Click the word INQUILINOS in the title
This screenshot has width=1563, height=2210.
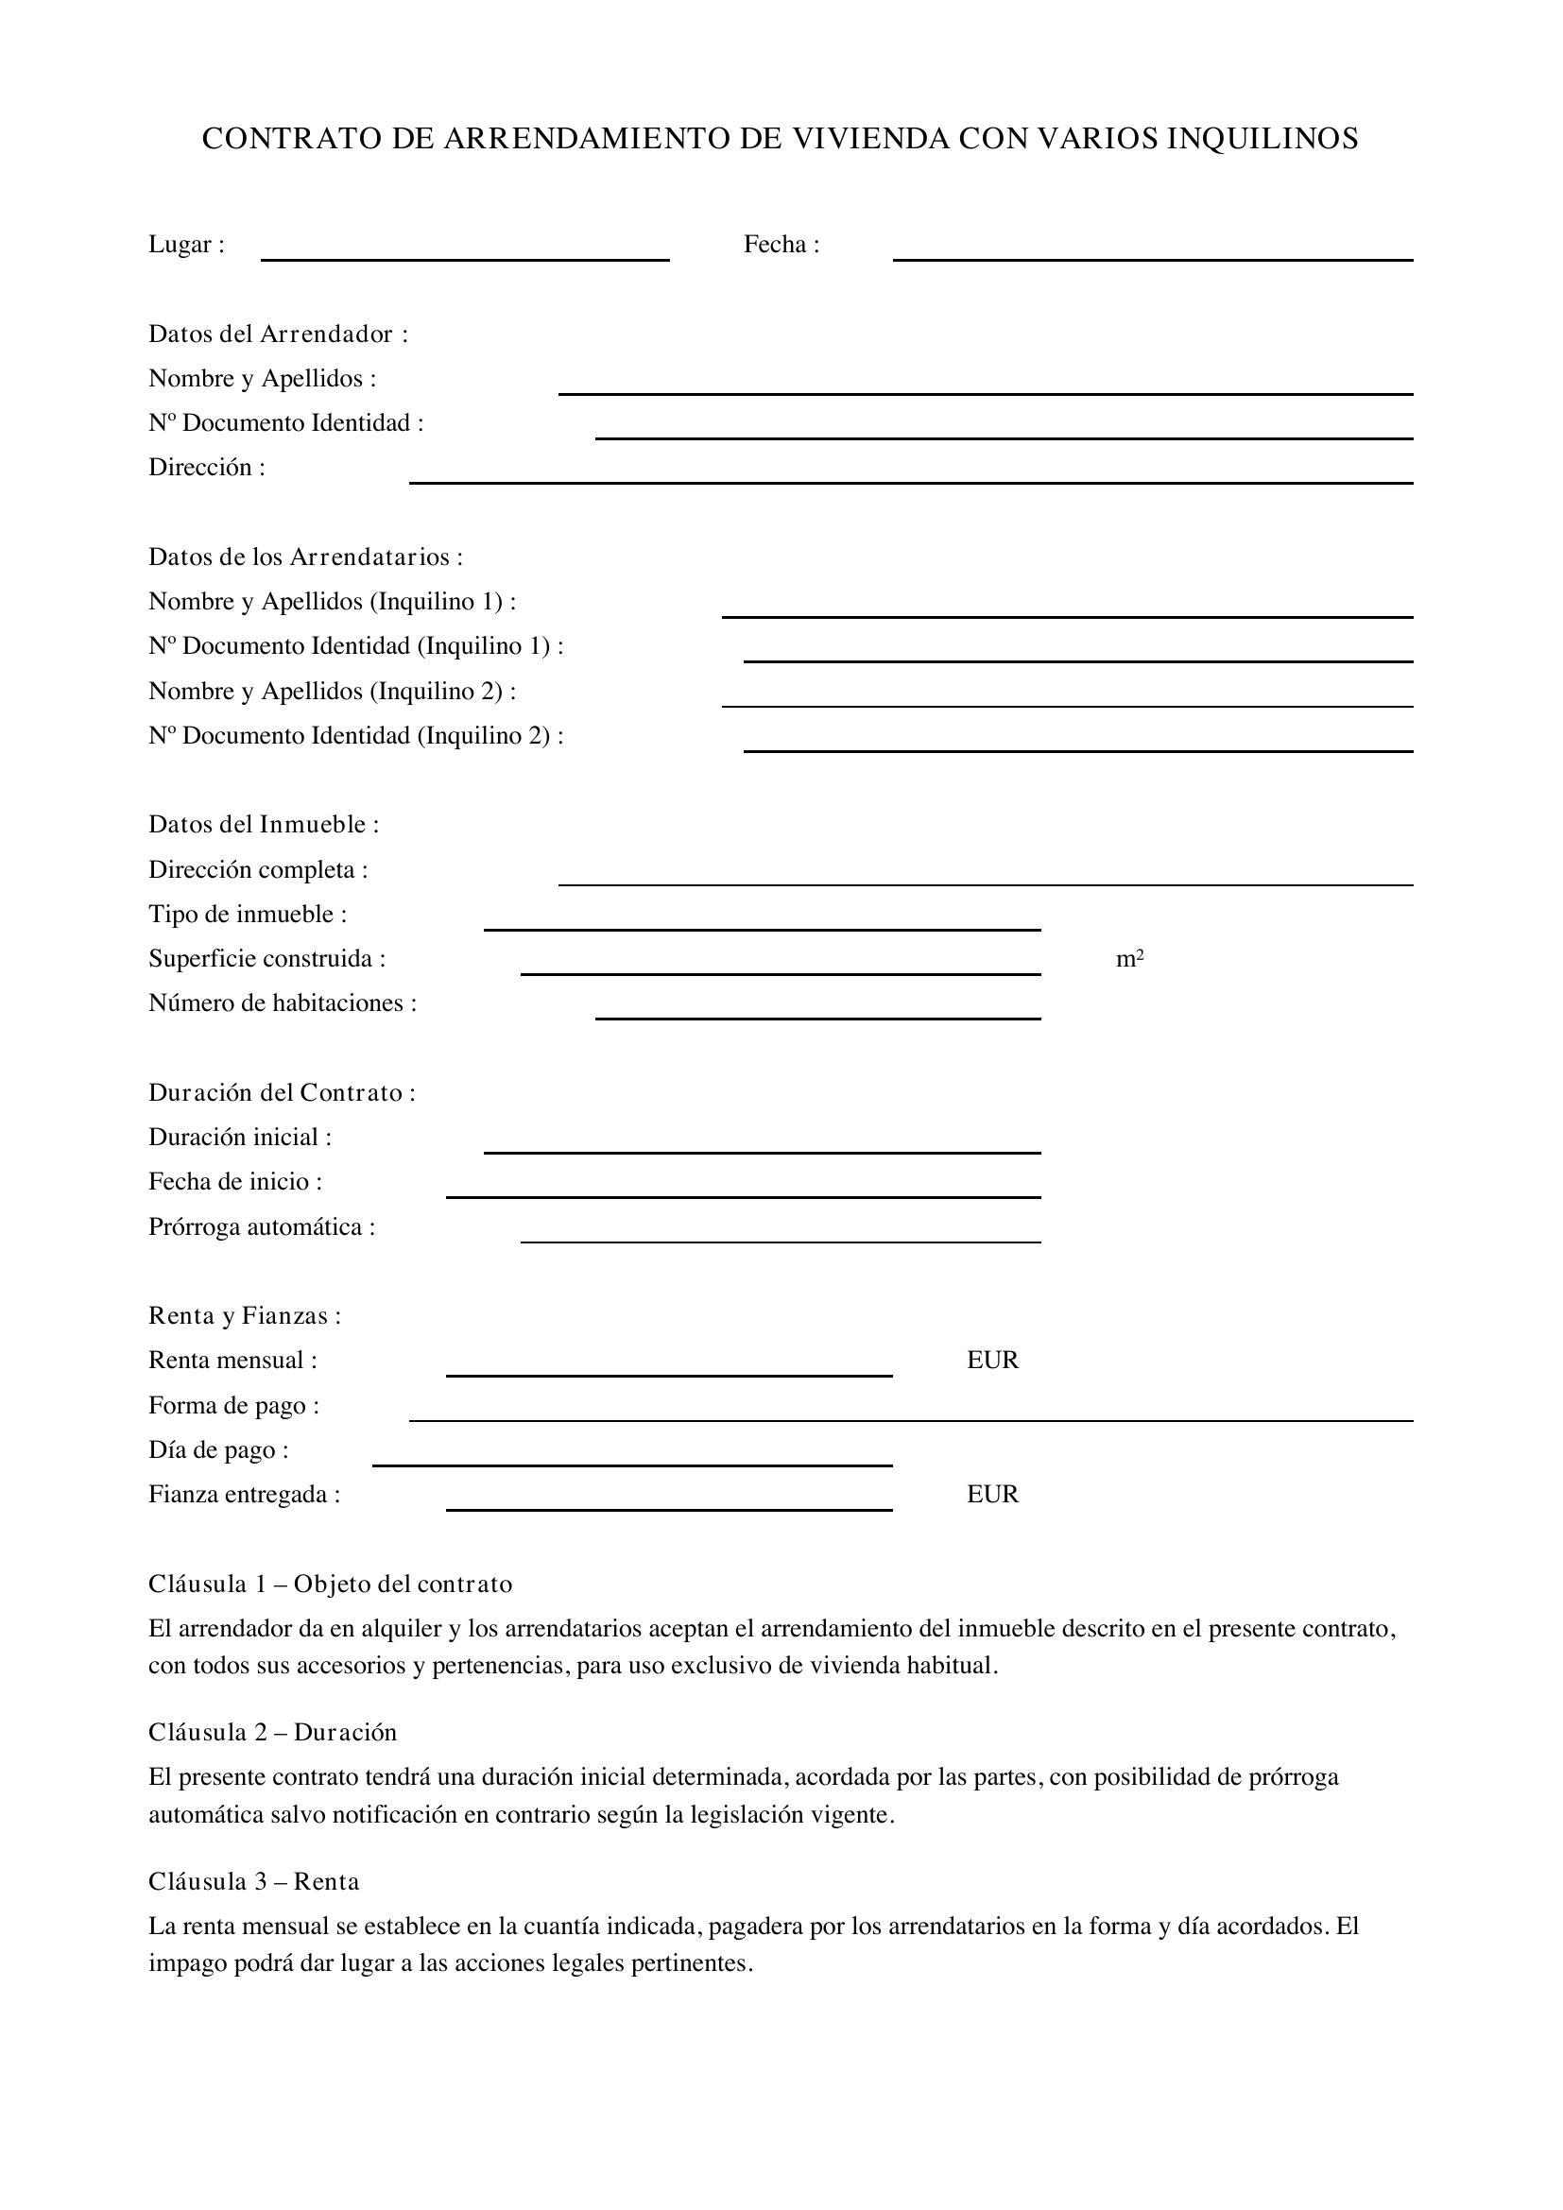pyautogui.click(x=1262, y=140)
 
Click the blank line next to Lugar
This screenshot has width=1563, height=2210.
pyautogui.click(x=465, y=252)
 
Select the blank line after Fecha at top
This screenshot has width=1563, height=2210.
pyautogui.click(x=1152, y=252)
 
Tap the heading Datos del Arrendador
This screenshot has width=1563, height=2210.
pyautogui.click(x=278, y=334)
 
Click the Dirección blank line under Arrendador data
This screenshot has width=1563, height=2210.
pyautogui.click(x=910, y=475)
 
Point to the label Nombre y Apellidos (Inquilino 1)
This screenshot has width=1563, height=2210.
pyautogui.click(x=332, y=602)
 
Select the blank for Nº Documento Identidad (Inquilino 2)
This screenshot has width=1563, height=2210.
pyautogui.click(x=1078, y=744)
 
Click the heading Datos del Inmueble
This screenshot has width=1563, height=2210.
pyautogui.click(x=264, y=825)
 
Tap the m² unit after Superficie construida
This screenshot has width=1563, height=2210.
pyautogui.click(x=1130, y=959)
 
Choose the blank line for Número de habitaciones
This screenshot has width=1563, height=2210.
pyautogui.click(x=818, y=1012)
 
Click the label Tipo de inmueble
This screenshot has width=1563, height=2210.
pyautogui.click(x=248, y=915)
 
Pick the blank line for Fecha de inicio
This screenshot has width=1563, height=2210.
pyautogui.click(x=743, y=1191)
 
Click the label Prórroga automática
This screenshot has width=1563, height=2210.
pyautogui.click(x=262, y=1227)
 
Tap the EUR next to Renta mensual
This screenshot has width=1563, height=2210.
pyautogui.click(x=992, y=1360)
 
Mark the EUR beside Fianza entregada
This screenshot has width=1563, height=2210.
pyautogui.click(x=992, y=1494)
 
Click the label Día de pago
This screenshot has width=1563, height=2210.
pyautogui.click(x=218, y=1450)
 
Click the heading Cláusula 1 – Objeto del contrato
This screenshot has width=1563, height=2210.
pyautogui.click(x=330, y=1585)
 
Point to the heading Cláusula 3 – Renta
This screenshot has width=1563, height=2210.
pyautogui.click(x=254, y=1882)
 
